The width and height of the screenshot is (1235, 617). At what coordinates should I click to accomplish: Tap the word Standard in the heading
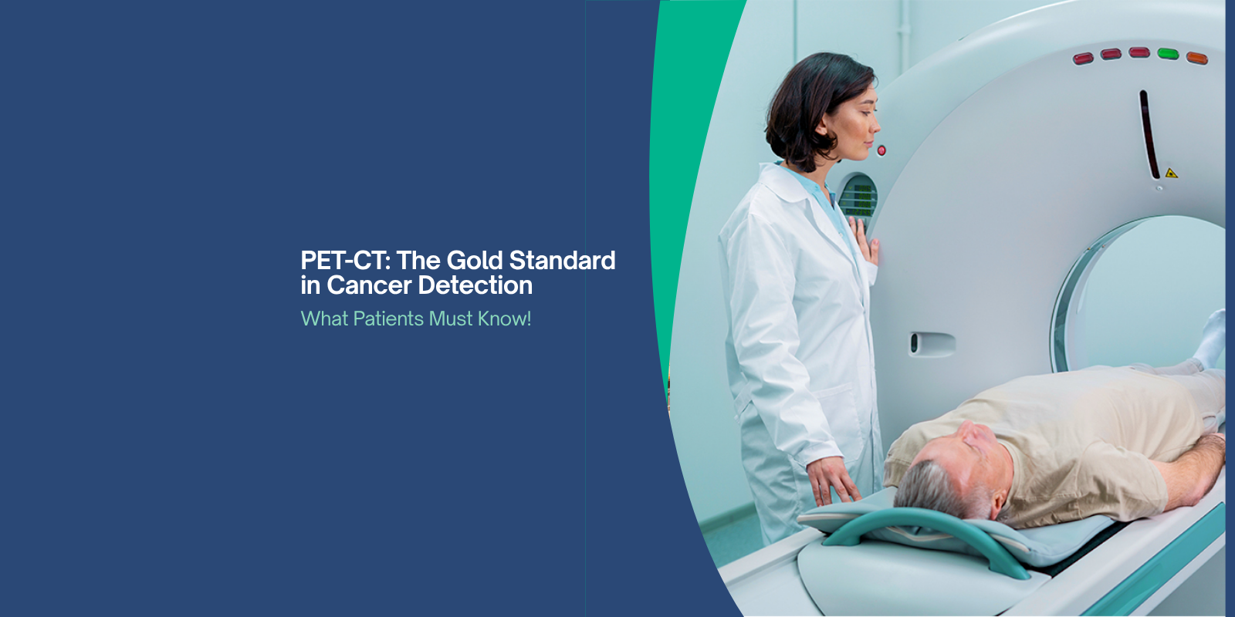pos(562,261)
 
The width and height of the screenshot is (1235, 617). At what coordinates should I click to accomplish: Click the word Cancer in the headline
pos(369,286)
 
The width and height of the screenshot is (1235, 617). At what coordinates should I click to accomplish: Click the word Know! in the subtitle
pos(504,319)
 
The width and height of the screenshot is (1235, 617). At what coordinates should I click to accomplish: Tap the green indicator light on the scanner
pos(1168,54)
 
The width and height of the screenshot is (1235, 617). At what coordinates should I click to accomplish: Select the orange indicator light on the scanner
pos(1196,58)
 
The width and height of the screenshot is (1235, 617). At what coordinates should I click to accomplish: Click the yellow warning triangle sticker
pos(1171,173)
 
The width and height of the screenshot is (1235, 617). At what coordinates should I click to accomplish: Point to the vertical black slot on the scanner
pos(1149,135)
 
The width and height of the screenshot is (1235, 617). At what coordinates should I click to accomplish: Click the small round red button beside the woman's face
pos(881,150)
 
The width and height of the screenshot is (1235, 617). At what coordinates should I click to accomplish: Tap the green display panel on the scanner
pos(859,197)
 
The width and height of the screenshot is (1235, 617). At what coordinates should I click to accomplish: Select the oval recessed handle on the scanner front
pos(932,343)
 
